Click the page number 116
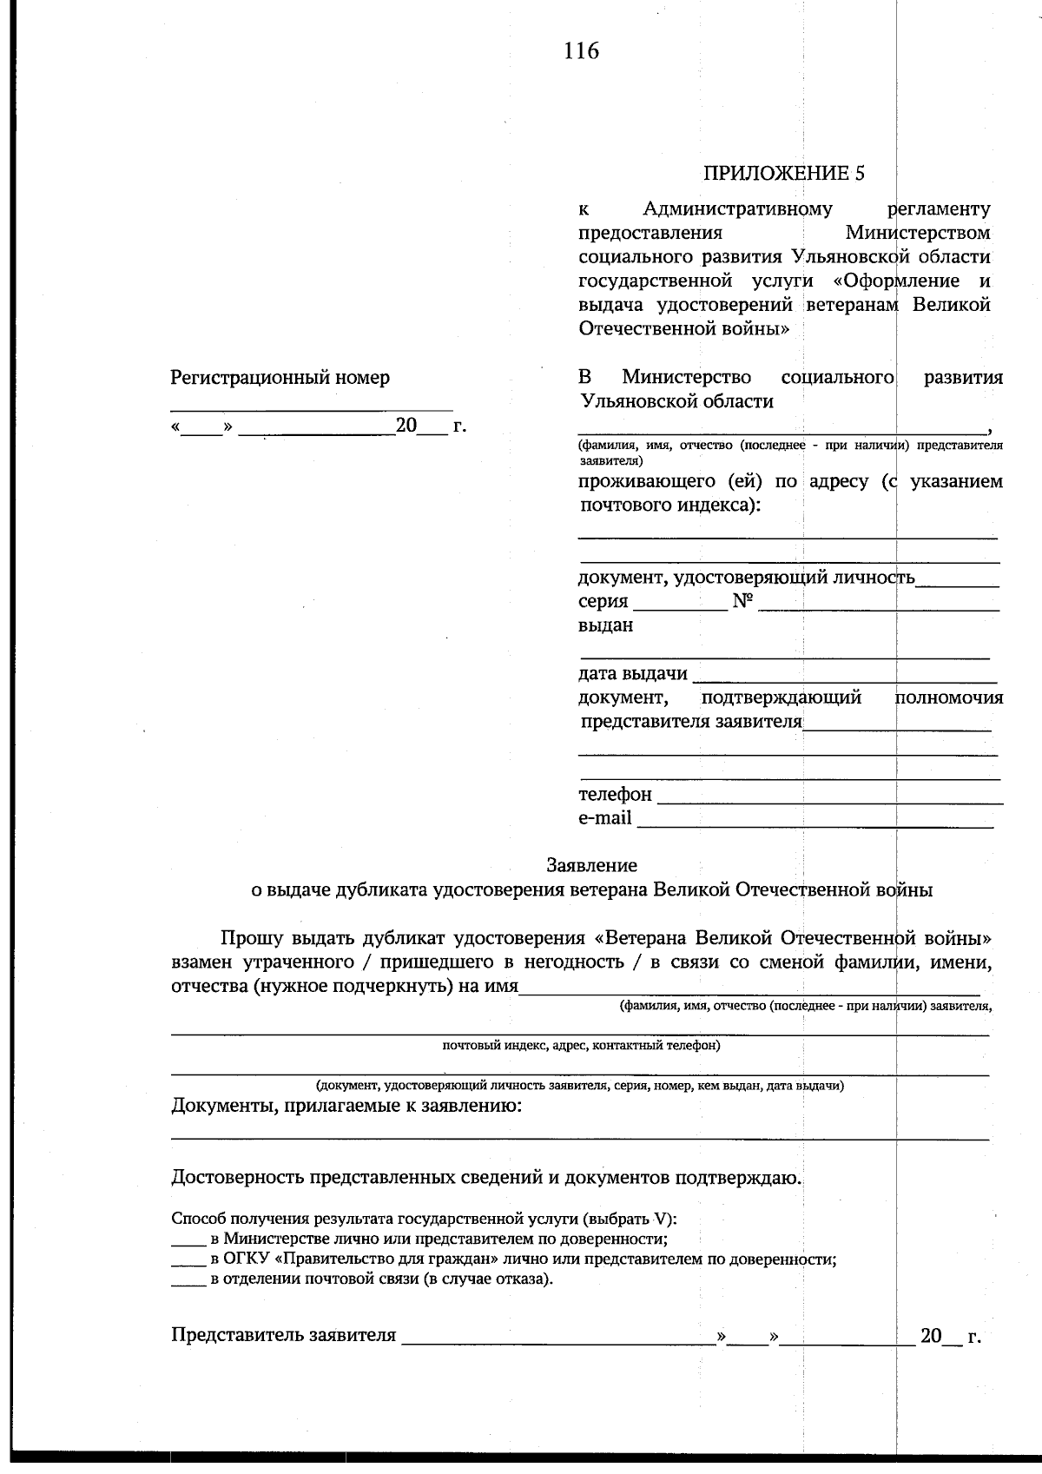[581, 51]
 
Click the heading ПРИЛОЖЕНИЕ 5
[784, 173]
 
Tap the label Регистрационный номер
[280, 378]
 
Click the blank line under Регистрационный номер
[311, 407]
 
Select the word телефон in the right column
[615, 795]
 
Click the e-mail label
[604, 818]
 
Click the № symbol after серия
[742, 601]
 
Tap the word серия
[603, 602]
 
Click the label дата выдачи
[632, 674]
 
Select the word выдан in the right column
[605, 625]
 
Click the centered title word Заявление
[591, 865]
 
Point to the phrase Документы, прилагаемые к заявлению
[346, 1106]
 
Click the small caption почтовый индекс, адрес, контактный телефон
[581, 1046]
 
